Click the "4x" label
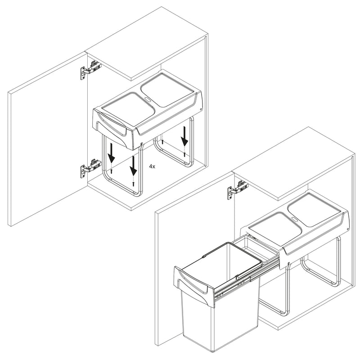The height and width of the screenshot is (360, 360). [x=152, y=166]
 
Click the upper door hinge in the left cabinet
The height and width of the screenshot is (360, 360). [x=91, y=70]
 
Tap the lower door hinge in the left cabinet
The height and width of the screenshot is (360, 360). [x=91, y=168]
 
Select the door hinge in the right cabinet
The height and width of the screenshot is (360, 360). [x=238, y=189]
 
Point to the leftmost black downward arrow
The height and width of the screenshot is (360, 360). [x=112, y=153]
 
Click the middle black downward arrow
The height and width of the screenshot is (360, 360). [x=133, y=165]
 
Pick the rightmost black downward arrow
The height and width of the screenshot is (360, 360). [x=184, y=137]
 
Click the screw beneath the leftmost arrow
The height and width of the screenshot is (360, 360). [x=112, y=171]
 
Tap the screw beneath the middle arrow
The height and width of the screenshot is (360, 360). [x=133, y=184]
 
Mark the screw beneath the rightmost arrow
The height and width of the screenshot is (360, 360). [x=184, y=154]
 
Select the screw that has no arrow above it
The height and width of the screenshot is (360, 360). [x=162, y=142]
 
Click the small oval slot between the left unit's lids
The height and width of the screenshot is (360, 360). [x=147, y=99]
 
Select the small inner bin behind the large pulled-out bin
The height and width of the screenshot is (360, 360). [x=255, y=249]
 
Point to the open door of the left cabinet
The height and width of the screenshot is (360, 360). [x=48, y=139]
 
